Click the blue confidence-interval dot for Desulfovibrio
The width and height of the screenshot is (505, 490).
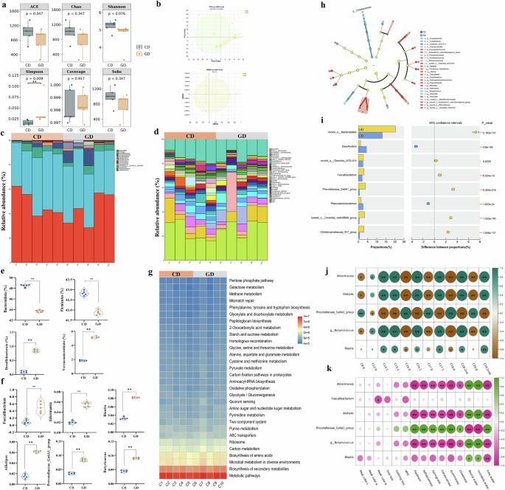tap(417, 148)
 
